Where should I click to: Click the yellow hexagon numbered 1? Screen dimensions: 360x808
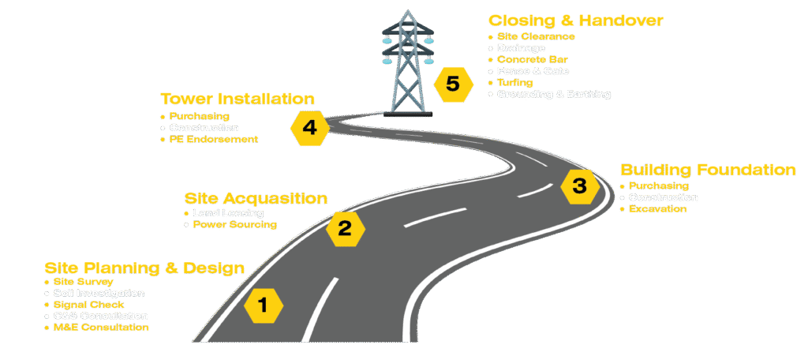(264, 304)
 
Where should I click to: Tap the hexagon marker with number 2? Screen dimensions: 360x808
(345, 229)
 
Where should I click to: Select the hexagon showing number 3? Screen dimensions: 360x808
(579, 186)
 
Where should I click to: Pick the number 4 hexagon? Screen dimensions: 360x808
(310, 127)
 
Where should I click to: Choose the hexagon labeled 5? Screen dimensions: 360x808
(452, 84)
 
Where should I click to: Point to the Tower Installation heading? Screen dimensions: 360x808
(238, 99)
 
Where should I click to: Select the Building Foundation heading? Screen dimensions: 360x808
(707, 170)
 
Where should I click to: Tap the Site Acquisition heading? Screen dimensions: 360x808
(256, 197)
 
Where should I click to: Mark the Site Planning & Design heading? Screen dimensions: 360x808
(144, 268)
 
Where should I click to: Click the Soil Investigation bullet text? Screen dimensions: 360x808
(99, 293)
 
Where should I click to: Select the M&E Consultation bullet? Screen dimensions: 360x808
(101, 327)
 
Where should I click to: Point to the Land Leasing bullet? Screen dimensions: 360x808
(228, 213)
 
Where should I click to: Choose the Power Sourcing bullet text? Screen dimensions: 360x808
(235, 225)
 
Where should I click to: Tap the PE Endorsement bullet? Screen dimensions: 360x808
(214, 140)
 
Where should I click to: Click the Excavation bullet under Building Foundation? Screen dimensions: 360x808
(657, 209)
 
